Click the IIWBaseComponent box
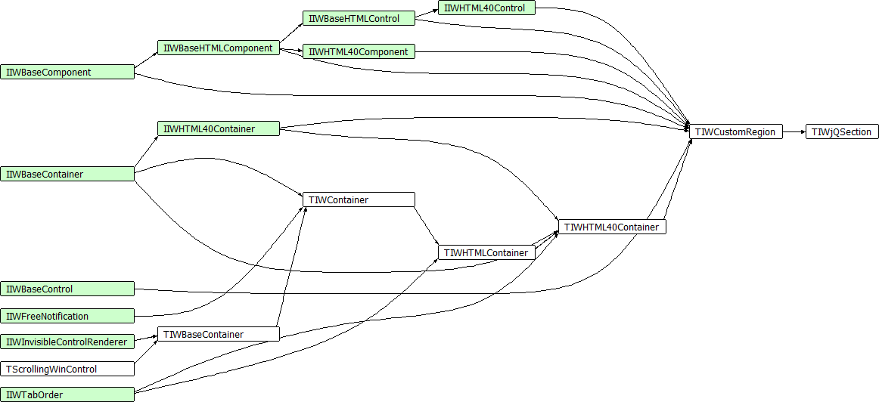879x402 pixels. (x=67, y=73)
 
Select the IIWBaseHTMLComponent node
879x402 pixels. (x=218, y=48)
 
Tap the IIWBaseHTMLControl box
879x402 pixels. (x=359, y=18)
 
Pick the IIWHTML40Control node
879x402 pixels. (x=486, y=8)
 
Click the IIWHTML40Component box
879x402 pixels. (x=359, y=51)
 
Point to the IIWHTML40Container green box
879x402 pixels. (x=218, y=128)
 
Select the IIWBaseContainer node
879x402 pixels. (x=67, y=174)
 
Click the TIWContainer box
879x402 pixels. (x=359, y=199)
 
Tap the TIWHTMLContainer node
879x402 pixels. (x=486, y=253)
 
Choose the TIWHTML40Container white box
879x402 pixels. (x=612, y=227)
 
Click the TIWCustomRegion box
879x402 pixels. (x=735, y=132)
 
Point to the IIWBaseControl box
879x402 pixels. (x=67, y=289)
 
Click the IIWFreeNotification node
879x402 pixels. (x=67, y=317)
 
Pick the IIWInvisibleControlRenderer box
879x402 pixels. (x=67, y=341)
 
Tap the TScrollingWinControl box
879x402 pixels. (x=67, y=369)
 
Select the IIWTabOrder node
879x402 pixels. (x=67, y=394)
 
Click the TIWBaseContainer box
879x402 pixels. (x=218, y=334)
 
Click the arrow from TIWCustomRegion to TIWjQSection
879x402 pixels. (x=794, y=132)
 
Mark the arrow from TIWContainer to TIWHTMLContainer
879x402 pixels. (x=426, y=226)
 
